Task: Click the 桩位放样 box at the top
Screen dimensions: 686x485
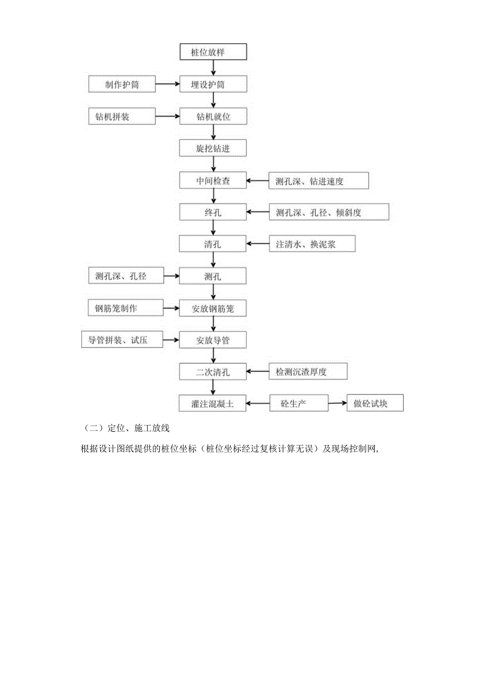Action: tap(212, 53)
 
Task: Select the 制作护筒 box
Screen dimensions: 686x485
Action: tap(122, 84)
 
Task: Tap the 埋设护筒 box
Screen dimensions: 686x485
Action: tap(212, 84)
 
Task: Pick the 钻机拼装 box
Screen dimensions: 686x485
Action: tap(122, 117)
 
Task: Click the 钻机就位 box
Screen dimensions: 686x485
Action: tap(212, 117)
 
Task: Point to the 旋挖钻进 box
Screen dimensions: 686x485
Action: tap(212, 149)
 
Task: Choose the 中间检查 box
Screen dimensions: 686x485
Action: tap(212, 181)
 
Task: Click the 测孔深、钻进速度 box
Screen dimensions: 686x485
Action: tap(318, 181)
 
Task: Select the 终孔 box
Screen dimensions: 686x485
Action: tap(212, 212)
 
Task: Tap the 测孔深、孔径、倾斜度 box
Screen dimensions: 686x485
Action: tap(328, 212)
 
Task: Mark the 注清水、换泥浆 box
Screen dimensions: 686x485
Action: tap(308, 244)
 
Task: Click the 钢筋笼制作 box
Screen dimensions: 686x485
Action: tap(122, 308)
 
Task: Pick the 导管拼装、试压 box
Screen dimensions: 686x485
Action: tap(122, 340)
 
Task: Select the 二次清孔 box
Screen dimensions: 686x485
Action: tap(212, 372)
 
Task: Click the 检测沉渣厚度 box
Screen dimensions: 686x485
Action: tap(308, 372)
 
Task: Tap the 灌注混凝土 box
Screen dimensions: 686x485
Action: tap(212, 404)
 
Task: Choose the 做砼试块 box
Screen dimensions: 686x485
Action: tap(375, 404)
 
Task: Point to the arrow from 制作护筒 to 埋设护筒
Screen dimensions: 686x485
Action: tap(167, 84)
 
